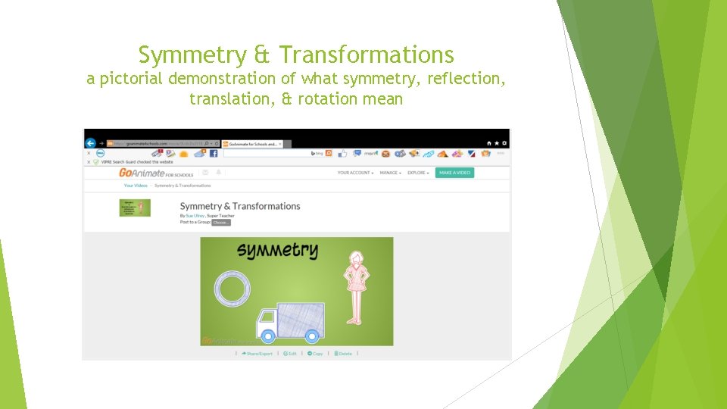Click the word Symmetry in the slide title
tap(192, 55)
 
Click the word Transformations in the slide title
tap(367, 55)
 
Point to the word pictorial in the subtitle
tap(133, 79)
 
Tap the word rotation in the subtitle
tap(331, 99)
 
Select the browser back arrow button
tap(91, 143)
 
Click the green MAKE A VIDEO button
tap(454, 173)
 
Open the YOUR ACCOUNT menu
tap(355, 173)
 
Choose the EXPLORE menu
tap(418, 173)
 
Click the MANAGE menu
tap(390, 173)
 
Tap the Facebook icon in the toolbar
tap(214, 153)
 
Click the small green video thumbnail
tap(135, 208)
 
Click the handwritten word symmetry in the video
tap(277, 251)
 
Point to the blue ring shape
tap(232, 289)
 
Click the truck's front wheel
tap(267, 335)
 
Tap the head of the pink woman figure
tap(353, 261)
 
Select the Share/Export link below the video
tap(257, 354)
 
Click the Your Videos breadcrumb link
tap(136, 186)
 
